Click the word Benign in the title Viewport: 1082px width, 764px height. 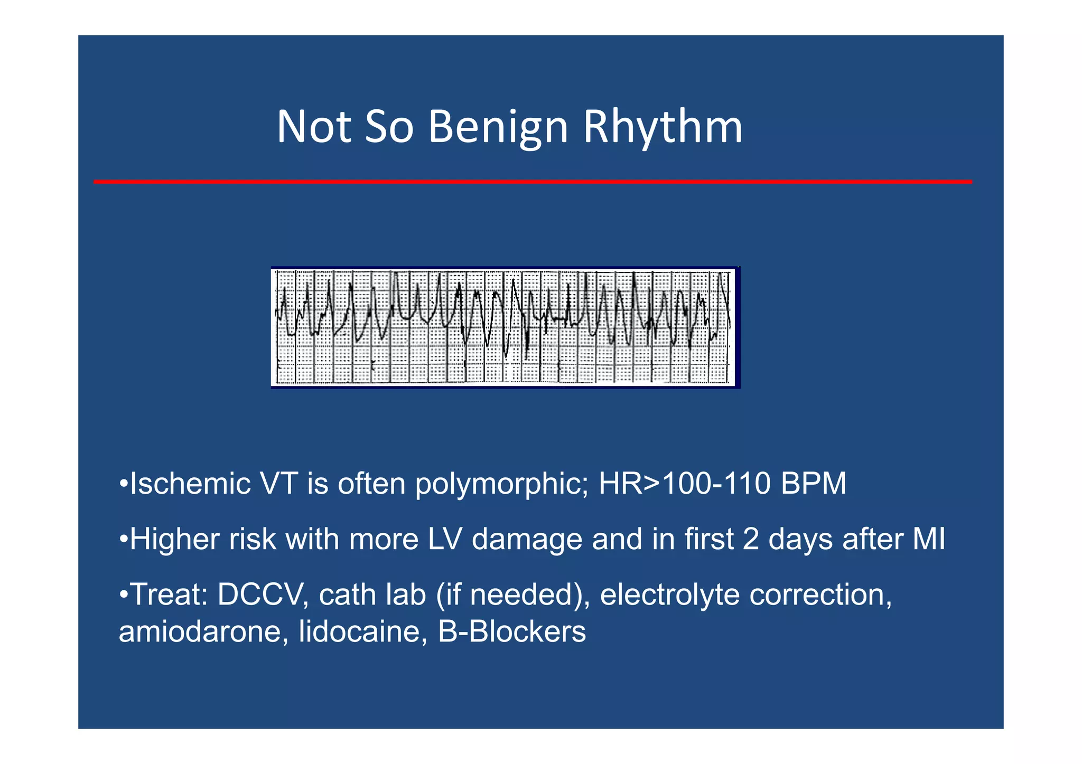[498, 127]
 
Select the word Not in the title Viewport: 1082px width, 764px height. [314, 127]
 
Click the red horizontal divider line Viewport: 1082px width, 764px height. [533, 182]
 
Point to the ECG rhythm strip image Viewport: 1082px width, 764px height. [505, 327]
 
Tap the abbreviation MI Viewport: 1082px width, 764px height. [929, 539]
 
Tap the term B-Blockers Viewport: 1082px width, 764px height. [512, 631]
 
